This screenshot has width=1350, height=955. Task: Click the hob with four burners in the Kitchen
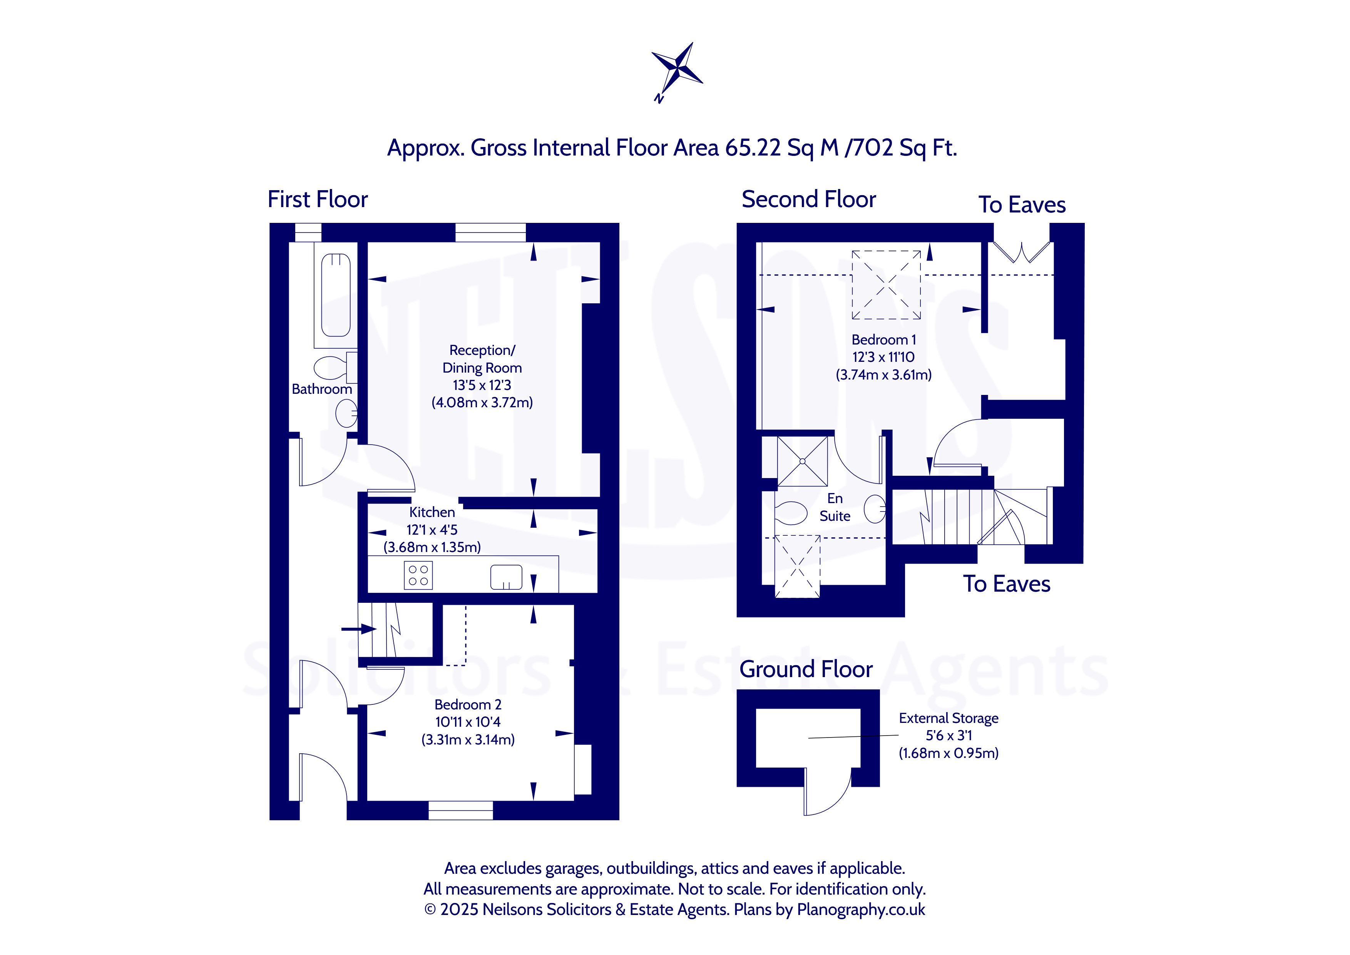pyautogui.click(x=418, y=575)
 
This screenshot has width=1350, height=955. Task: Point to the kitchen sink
pyautogui.click(x=506, y=577)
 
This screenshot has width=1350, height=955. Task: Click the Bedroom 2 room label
pyautogui.click(x=468, y=704)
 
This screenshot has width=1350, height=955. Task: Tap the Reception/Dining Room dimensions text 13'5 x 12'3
pyautogui.click(x=482, y=385)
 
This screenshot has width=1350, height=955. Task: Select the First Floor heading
pyautogui.click(x=318, y=199)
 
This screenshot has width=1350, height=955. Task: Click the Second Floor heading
pyautogui.click(x=808, y=199)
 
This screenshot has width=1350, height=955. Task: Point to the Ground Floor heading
pyautogui.click(x=806, y=669)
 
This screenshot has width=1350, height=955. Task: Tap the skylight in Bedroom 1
pyautogui.click(x=886, y=284)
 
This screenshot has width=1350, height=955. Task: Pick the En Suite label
pyautogui.click(x=835, y=507)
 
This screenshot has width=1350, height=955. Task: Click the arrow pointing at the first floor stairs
pyautogui.click(x=359, y=629)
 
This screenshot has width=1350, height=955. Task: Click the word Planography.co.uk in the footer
pyautogui.click(x=861, y=910)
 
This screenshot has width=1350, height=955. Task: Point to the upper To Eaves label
pyautogui.click(x=1022, y=205)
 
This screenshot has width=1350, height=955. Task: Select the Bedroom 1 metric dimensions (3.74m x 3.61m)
pyautogui.click(x=884, y=375)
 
